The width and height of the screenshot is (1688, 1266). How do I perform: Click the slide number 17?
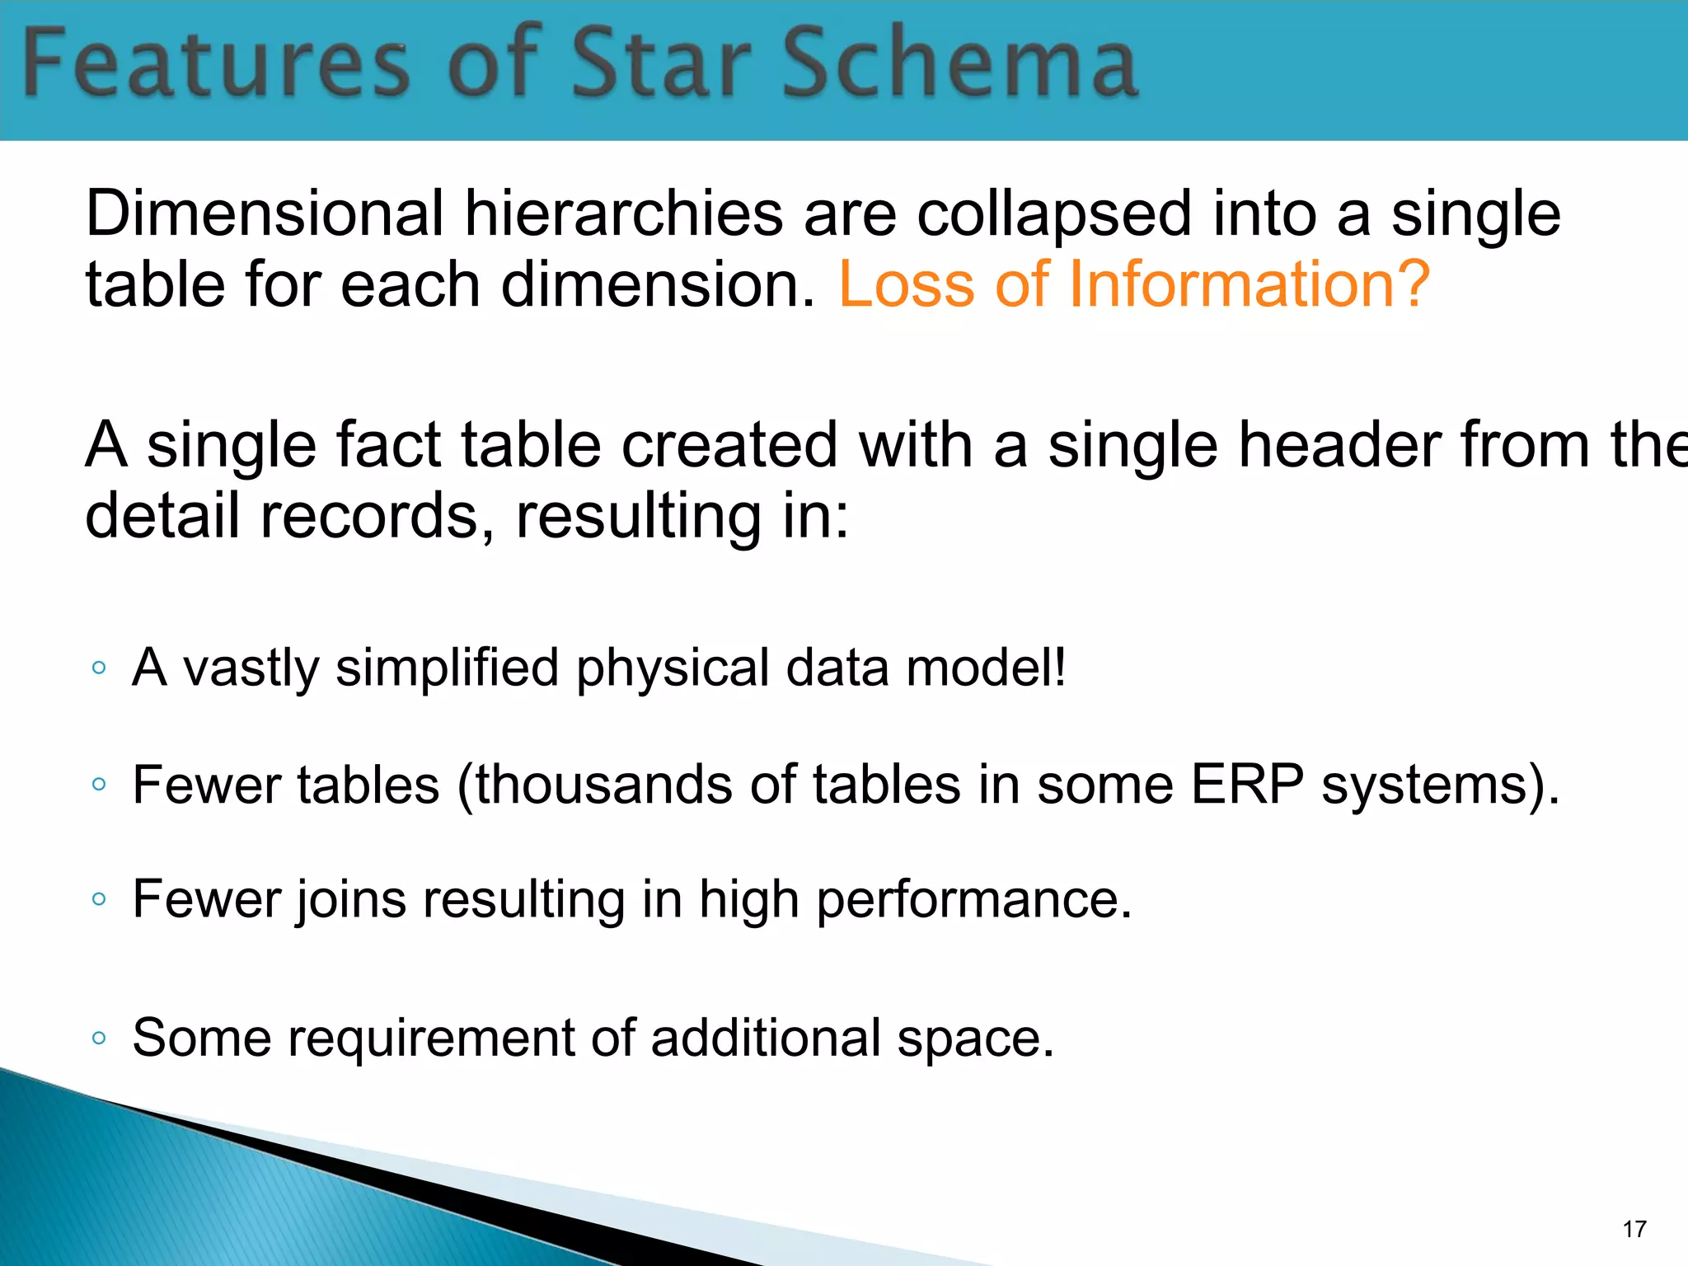click(1634, 1230)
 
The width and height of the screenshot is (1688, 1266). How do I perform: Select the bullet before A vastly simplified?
click(99, 668)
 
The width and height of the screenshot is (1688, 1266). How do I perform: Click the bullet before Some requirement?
click(99, 1038)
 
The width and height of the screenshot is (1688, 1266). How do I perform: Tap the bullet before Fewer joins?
click(99, 899)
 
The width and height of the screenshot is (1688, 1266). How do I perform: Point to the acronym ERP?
click(1247, 784)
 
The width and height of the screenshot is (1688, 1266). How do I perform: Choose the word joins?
click(351, 900)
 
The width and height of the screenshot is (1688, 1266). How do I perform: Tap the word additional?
click(766, 1038)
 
